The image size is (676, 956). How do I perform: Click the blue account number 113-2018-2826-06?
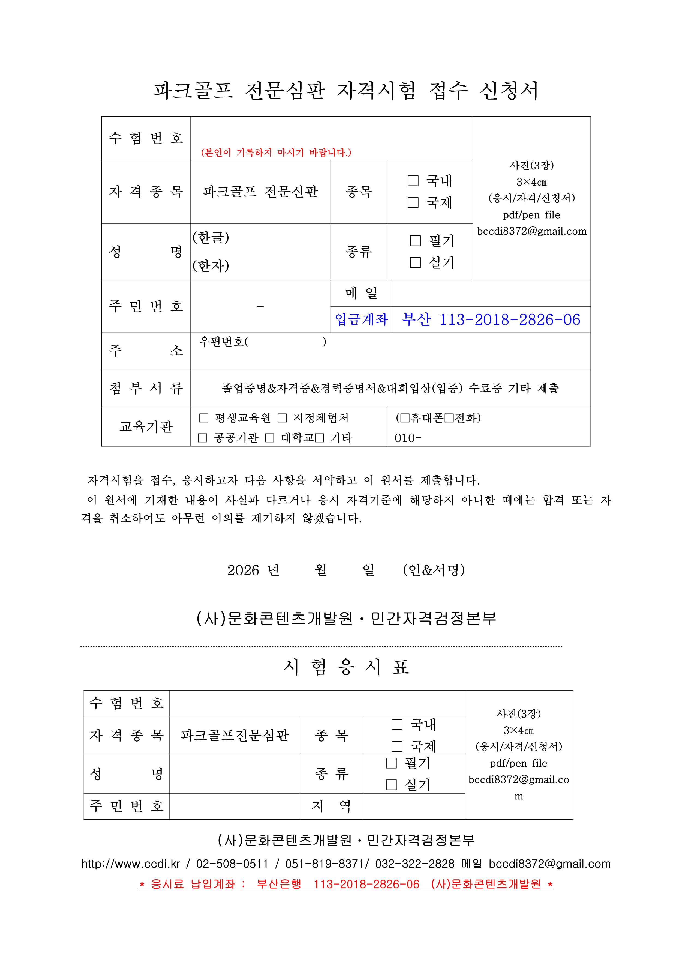tap(509, 320)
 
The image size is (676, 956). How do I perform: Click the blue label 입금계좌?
tap(361, 320)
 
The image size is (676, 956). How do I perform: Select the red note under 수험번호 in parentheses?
tap(276, 153)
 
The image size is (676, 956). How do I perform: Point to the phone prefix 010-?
tap(408, 438)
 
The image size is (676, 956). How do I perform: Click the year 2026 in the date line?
tap(243, 570)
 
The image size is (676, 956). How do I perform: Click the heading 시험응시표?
tap(346, 667)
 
